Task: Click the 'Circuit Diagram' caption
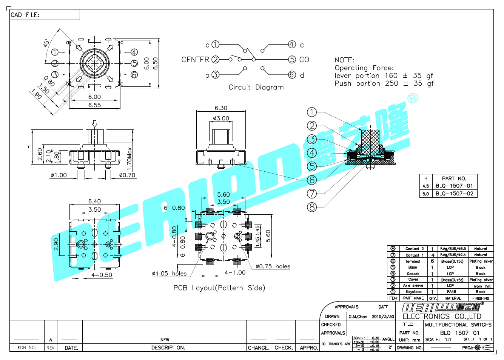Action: point(256,87)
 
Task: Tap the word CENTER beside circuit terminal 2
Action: point(195,60)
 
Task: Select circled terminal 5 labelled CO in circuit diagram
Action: point(292,60)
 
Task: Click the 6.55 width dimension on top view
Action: point(94,105)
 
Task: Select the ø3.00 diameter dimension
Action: point(221,118)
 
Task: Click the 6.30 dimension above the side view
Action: point(221,108)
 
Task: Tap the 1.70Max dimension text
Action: point(129,158)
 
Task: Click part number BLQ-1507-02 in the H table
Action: point(454,194)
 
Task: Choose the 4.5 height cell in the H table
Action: point(425,186)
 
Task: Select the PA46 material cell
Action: point(452,292)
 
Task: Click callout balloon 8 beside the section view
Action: point(311,207)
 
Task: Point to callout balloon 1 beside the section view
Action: point(311,112)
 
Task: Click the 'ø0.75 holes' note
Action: point(273,266)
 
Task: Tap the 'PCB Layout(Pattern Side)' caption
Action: point(219,288)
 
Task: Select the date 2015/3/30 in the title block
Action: point(383,317)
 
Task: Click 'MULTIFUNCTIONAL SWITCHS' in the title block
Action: point(458,325)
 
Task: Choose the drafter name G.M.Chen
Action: point(358,317)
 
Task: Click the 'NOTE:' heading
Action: point(344,60)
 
